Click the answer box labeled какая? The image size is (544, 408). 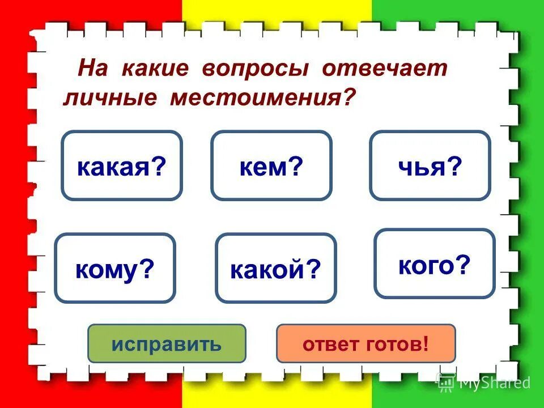[x=121, y=165]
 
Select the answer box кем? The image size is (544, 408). [x=271, y=165]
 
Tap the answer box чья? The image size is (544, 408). [x=430, y=165]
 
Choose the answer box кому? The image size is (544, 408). [x=114, y=268]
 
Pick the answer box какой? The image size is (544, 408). [x=275, y=268]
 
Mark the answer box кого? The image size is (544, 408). [x=434, y=263]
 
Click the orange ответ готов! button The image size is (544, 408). [x=365, y=343]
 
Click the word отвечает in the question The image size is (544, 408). [x=385, y=69]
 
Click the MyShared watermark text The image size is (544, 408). [x=494, y=382]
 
